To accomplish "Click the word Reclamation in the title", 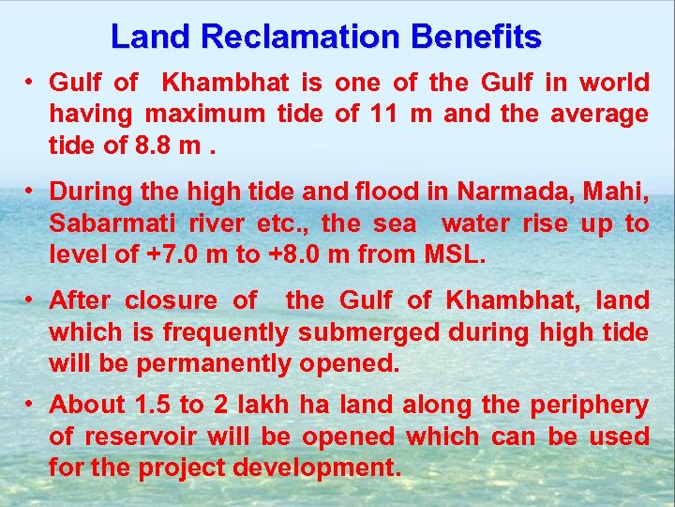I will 295,37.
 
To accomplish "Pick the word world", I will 614,83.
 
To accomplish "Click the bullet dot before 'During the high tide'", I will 31,190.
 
